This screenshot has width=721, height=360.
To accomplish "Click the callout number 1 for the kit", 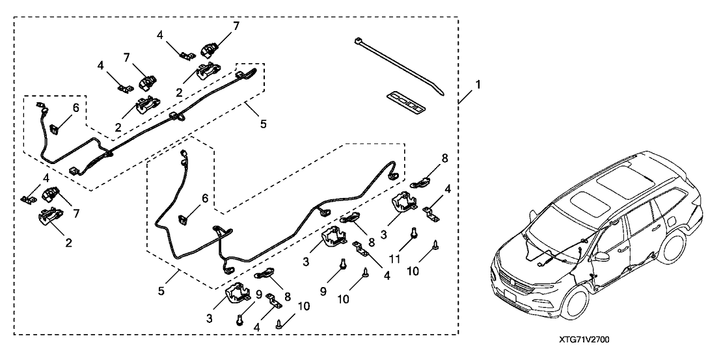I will [478, 85].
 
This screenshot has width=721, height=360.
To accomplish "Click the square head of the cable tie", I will [359, 42].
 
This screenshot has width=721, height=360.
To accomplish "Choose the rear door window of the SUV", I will [657, 208].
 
